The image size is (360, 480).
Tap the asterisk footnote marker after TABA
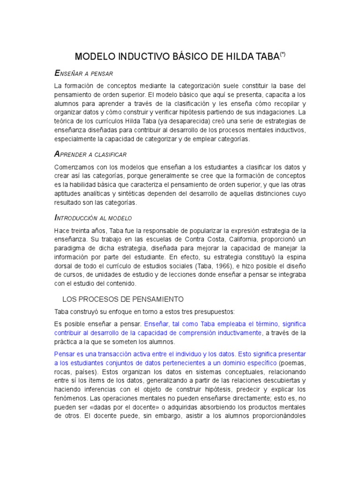(x=283, y=55)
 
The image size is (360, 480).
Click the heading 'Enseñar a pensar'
(x=84, y=74)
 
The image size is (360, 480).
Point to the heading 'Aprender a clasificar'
(x=90, y=154)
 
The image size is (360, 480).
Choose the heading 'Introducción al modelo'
(x=93, y=218)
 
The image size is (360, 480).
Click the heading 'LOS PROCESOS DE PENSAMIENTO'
(x=123, y=299)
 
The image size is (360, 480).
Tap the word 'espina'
(x=295, y=257)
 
